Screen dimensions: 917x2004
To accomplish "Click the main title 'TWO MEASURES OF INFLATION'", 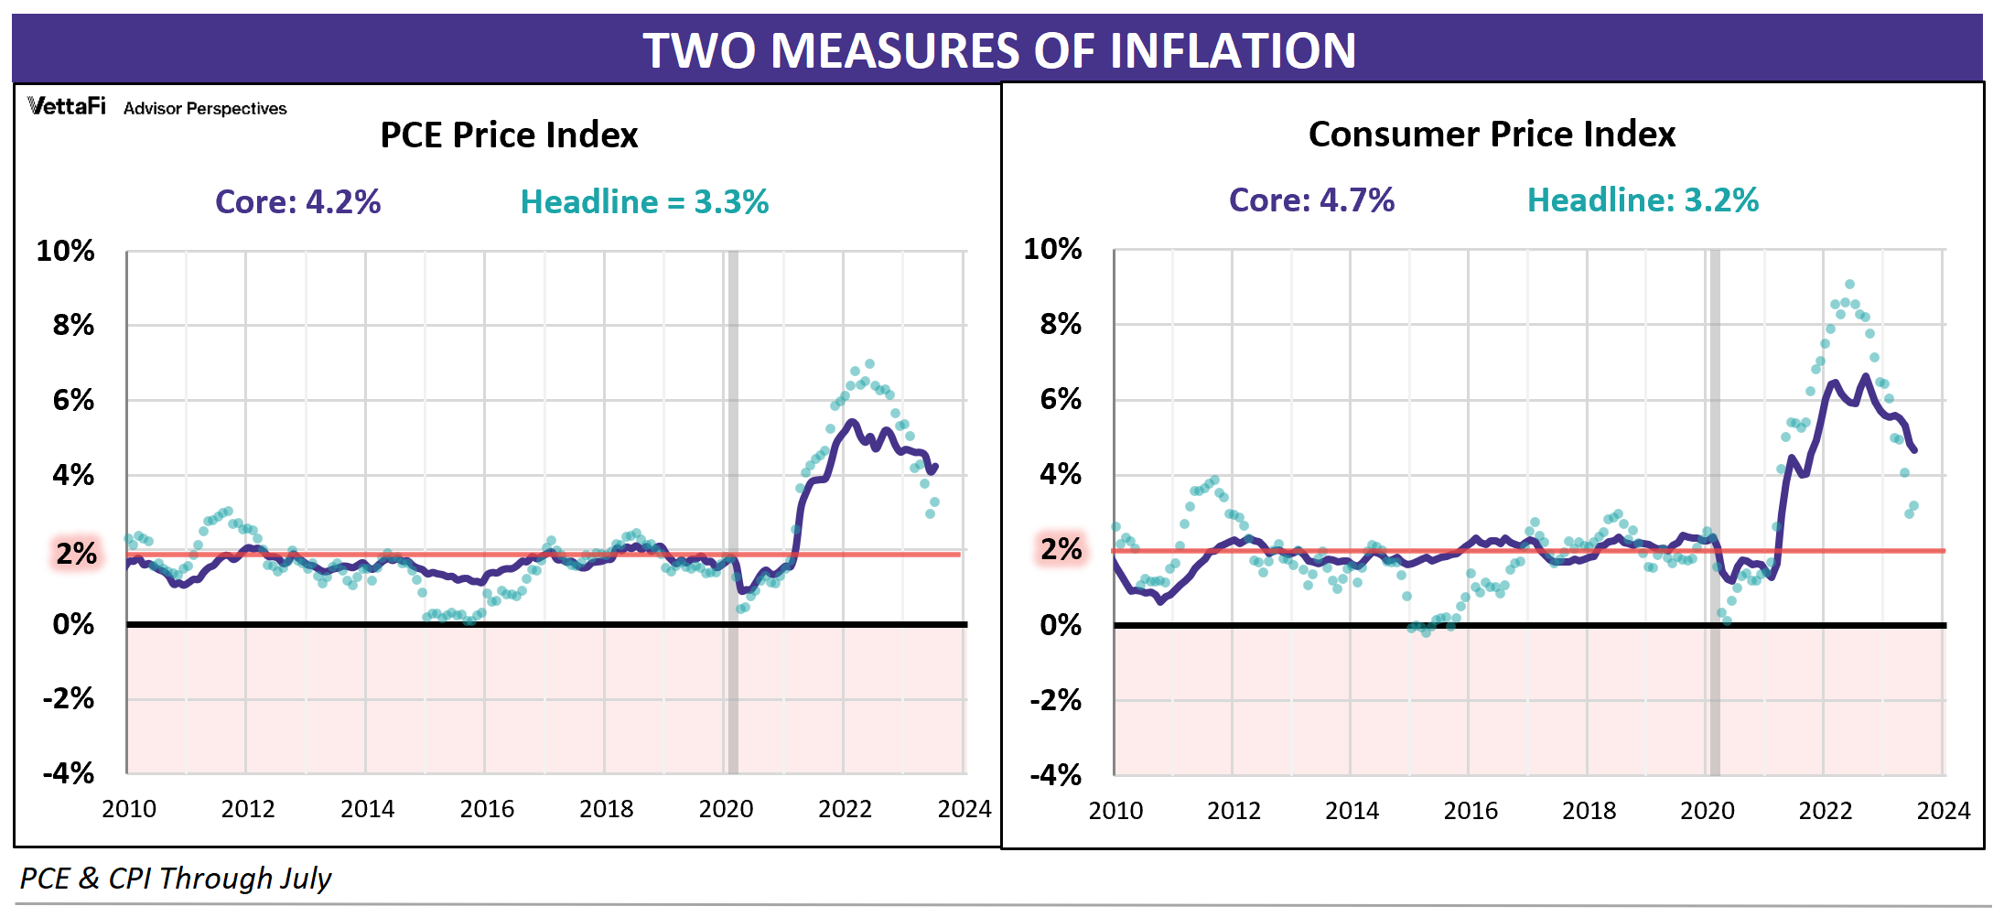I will (999, 50).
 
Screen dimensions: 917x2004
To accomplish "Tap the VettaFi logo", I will (66, 106).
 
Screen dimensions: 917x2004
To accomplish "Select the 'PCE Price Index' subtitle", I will (509, 135).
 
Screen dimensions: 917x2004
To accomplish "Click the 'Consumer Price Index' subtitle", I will (1492, 135).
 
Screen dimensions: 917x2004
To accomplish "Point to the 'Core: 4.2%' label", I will (297, 201).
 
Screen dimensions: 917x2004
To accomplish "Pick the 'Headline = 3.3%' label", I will (644, 201).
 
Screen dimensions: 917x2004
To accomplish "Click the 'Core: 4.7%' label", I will (1311, 200).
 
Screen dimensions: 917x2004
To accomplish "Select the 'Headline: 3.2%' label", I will (1643, 200).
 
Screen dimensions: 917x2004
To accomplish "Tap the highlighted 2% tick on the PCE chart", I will (76, 553).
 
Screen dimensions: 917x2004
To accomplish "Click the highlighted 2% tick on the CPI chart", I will (1061, 549).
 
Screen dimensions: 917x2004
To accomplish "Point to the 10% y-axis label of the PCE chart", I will (65, 251).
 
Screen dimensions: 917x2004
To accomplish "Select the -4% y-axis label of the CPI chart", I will (1055, 775).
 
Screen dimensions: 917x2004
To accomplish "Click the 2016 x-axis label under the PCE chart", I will (487, 809).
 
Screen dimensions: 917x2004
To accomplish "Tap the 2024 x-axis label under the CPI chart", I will (1943, 811).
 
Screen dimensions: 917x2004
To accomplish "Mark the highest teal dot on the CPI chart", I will (1849, 285).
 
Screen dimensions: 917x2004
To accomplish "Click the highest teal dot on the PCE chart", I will (869, 364).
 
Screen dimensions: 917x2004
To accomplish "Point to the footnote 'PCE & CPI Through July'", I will (175, 879).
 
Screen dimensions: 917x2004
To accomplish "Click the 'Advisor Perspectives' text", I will (205, 109).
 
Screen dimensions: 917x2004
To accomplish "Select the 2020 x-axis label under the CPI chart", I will (1707, 811).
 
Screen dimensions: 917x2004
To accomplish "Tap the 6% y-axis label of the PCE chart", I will (73, 400).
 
